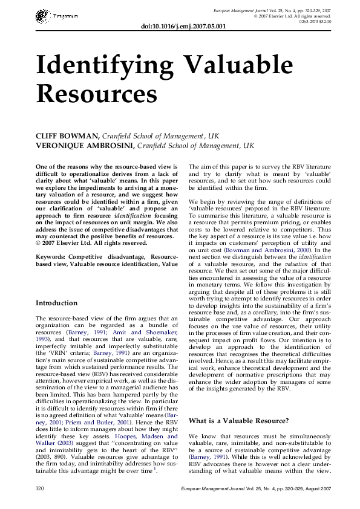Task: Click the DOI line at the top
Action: click(183, 27)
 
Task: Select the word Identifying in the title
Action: click(106, 65)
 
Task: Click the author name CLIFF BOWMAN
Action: click(67, 137)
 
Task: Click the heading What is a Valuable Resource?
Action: click(239, 420)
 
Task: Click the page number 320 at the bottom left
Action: click(41, 487)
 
